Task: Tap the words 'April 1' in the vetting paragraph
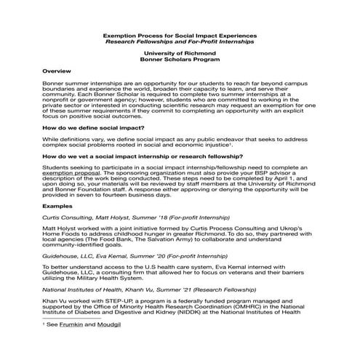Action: click(263, 182)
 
